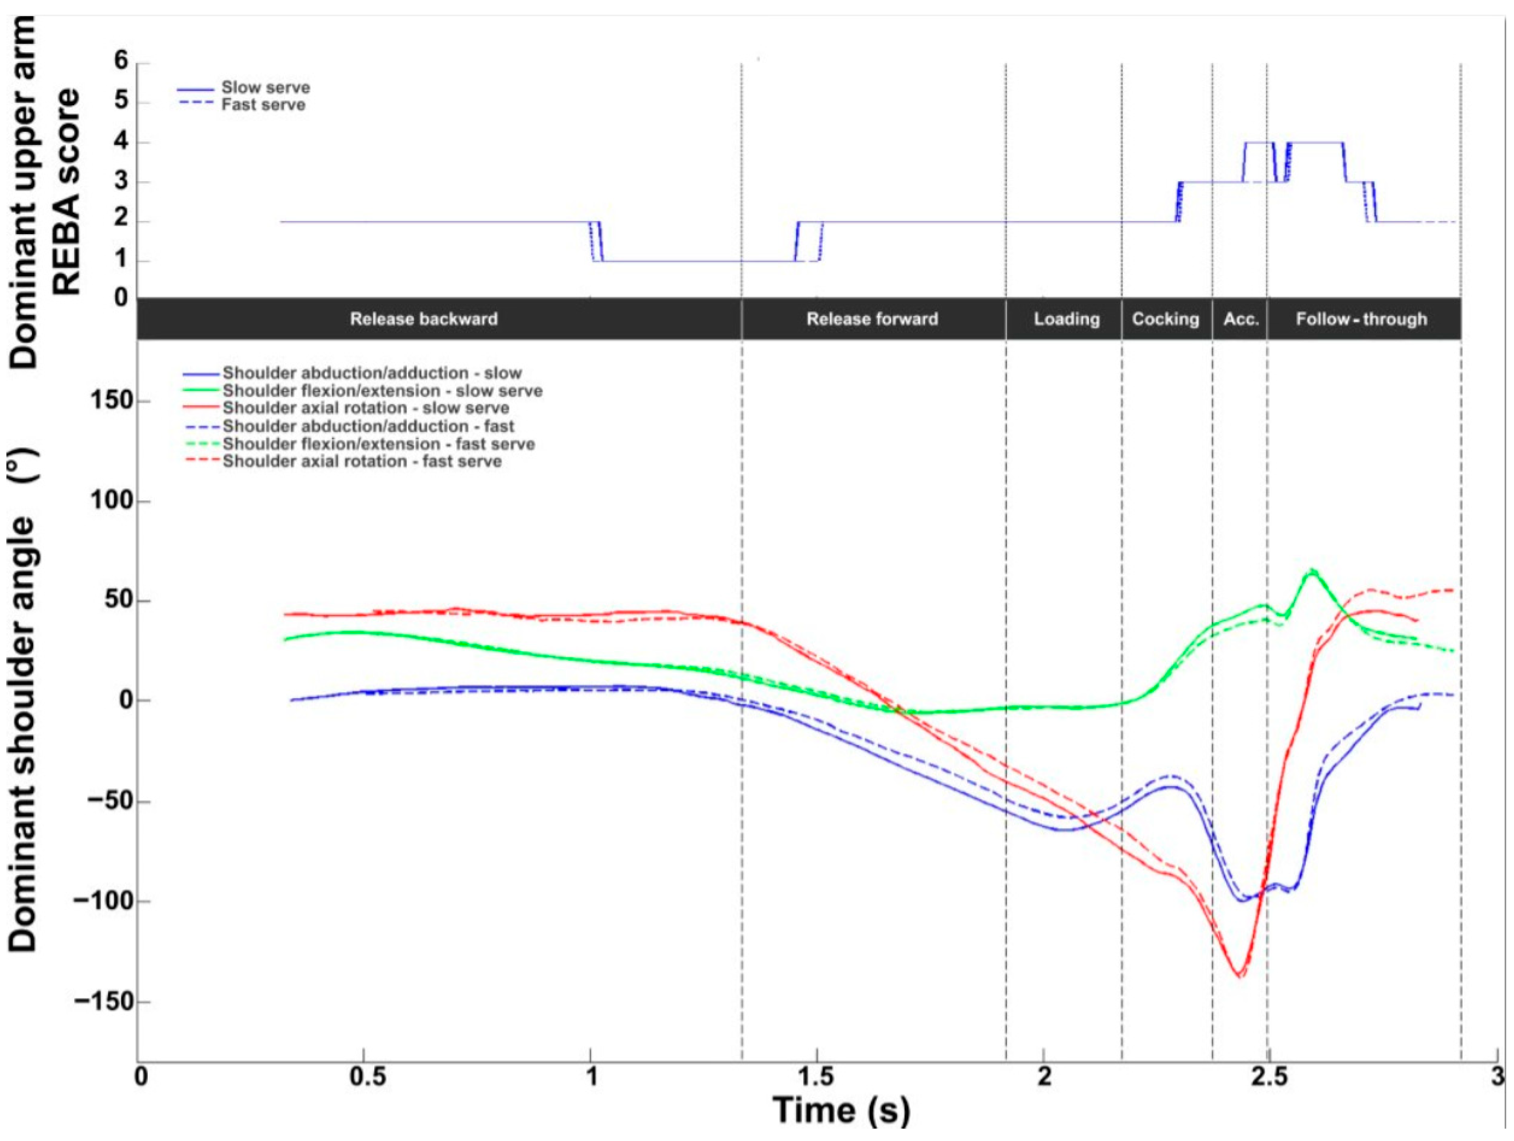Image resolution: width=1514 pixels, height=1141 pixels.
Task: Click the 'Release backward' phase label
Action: click(424, 319)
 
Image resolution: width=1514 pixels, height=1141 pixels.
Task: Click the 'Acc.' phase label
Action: click(1241, 319)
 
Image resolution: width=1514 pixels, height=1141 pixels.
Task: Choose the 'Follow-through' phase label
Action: click(1361, 319)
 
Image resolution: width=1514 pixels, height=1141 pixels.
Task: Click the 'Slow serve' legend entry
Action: click(265, 88)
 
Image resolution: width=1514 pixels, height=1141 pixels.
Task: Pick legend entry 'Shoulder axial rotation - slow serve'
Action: click(366, 408)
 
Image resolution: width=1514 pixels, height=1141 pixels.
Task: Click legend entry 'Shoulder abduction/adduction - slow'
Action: click(372, 373)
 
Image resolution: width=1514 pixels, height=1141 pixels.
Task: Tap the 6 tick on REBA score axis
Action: click(121, 62)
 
